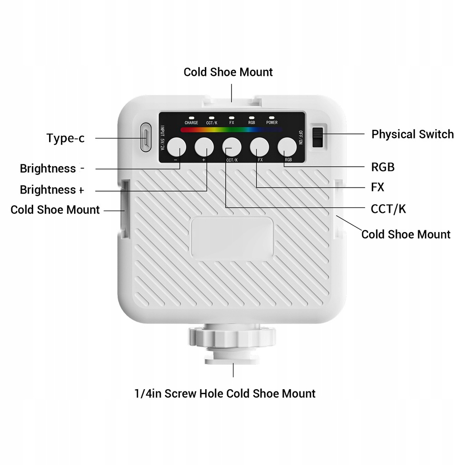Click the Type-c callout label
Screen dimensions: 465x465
65,138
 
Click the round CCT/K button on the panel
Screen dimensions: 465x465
232,147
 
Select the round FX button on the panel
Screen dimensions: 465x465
260,147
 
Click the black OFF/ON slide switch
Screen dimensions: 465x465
318,137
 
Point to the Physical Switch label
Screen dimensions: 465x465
412,134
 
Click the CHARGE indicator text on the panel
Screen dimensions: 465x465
191,123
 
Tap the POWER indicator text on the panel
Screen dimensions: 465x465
272,123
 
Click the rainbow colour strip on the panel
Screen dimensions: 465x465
232,130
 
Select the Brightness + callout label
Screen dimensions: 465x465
52,189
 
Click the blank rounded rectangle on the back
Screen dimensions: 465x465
232,237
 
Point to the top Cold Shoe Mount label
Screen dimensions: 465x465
228,72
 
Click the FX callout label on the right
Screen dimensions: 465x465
378,187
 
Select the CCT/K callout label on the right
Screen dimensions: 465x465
388,209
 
